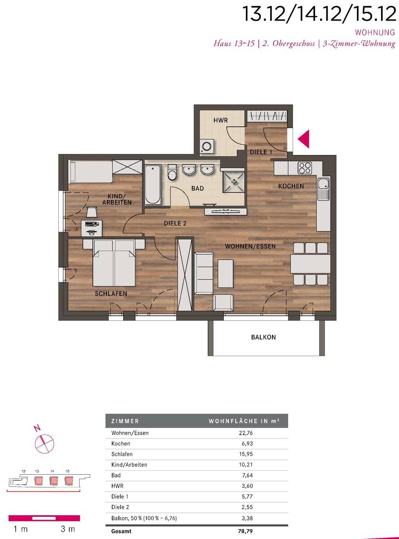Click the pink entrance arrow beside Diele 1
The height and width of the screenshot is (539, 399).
coord(305,139)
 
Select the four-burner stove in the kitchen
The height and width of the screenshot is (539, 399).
coord(305,168)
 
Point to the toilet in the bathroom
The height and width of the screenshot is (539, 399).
coord(172,172)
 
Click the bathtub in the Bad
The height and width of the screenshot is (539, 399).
coord(153,185)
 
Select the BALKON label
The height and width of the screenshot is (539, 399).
coord(263,337)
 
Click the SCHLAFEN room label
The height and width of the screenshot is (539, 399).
coord(111,294)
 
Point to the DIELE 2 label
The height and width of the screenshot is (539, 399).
coord(175,223)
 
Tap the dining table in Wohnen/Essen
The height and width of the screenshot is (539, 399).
coord(311,264)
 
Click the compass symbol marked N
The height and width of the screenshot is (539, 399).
coord(44,443)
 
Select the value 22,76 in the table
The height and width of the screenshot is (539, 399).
coord(246,433)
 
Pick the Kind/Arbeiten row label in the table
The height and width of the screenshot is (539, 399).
coord(129,464)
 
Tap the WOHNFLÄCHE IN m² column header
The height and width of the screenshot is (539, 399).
coord(244,421)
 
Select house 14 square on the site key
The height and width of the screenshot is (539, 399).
coord(54,481)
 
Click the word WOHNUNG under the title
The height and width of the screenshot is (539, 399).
coord(375,32)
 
